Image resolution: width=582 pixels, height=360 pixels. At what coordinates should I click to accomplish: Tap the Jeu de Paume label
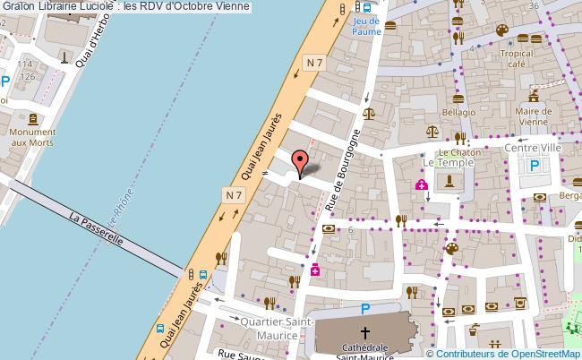pos(366,26)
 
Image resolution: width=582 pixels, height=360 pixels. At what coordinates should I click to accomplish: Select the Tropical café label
pos(518,58)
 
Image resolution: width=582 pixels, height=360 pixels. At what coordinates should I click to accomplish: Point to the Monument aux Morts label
pos(31,137)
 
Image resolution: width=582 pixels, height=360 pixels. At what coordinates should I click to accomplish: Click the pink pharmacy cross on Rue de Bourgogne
pos(315,270)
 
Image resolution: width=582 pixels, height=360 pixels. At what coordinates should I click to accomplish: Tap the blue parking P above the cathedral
pos(364,309)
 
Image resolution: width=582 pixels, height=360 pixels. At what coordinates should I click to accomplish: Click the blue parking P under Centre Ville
pos(535,165)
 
